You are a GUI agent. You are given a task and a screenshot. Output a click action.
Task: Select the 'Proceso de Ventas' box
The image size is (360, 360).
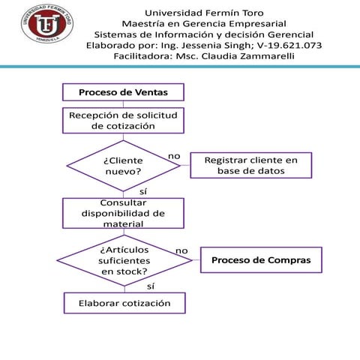pyautogui.click(x=123, y=92)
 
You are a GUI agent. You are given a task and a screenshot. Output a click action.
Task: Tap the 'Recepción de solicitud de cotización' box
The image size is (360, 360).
pyautogui.click(x=123, y=121)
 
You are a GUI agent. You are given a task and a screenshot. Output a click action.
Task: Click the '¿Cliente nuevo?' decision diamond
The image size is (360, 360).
pyautogui.click(x=123, y=166)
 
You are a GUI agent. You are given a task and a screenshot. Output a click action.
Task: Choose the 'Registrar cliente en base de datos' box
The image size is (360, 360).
pyautogui.click(x=251, y=166)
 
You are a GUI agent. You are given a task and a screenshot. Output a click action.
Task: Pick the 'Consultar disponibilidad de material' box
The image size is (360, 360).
pyautogui.click(x=123, y=213)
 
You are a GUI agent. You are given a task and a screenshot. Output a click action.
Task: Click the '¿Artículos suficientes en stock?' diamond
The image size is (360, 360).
pyautogui.click(x=123, y=259)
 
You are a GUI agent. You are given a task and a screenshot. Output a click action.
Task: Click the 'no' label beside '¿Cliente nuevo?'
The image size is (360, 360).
pyautogui.click(x=174, y=155)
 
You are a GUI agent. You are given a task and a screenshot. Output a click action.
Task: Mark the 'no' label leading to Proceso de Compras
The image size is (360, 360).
pyautogui.click(x=182, y=250)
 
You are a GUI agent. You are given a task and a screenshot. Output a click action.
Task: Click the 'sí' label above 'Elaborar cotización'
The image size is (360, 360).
pyautogui.click(x=151, y=286)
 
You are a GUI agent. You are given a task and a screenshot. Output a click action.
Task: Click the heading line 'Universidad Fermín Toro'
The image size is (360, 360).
pyautogui.click(x=204, y=12)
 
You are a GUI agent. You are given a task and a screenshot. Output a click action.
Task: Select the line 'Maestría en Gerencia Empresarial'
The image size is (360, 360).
pyautogui.click(x=204, y=23)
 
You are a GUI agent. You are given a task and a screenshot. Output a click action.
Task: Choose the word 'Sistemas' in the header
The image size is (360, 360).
pyautogui.click(x=116, y=34)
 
